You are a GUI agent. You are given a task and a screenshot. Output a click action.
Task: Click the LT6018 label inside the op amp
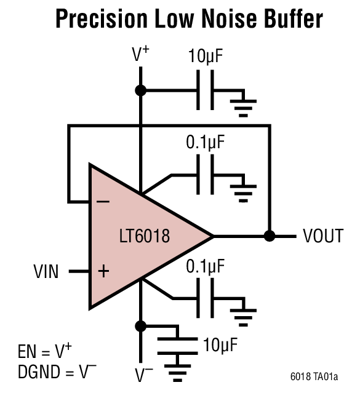(145, 236)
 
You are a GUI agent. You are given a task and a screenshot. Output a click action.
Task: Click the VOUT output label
(322, 236)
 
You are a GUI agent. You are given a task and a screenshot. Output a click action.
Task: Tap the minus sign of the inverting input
(104, 201)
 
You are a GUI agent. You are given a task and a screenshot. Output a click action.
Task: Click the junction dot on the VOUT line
(269, 236)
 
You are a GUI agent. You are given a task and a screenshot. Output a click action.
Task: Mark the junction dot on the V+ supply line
(141, 90)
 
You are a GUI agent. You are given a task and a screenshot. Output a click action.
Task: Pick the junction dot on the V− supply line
(141, 325)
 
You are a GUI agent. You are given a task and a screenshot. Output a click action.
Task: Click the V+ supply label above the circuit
(140, 55)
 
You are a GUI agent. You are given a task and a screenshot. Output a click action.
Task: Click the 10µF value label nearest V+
(206, 58)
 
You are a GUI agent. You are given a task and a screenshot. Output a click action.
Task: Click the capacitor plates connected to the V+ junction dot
(206, 90)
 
